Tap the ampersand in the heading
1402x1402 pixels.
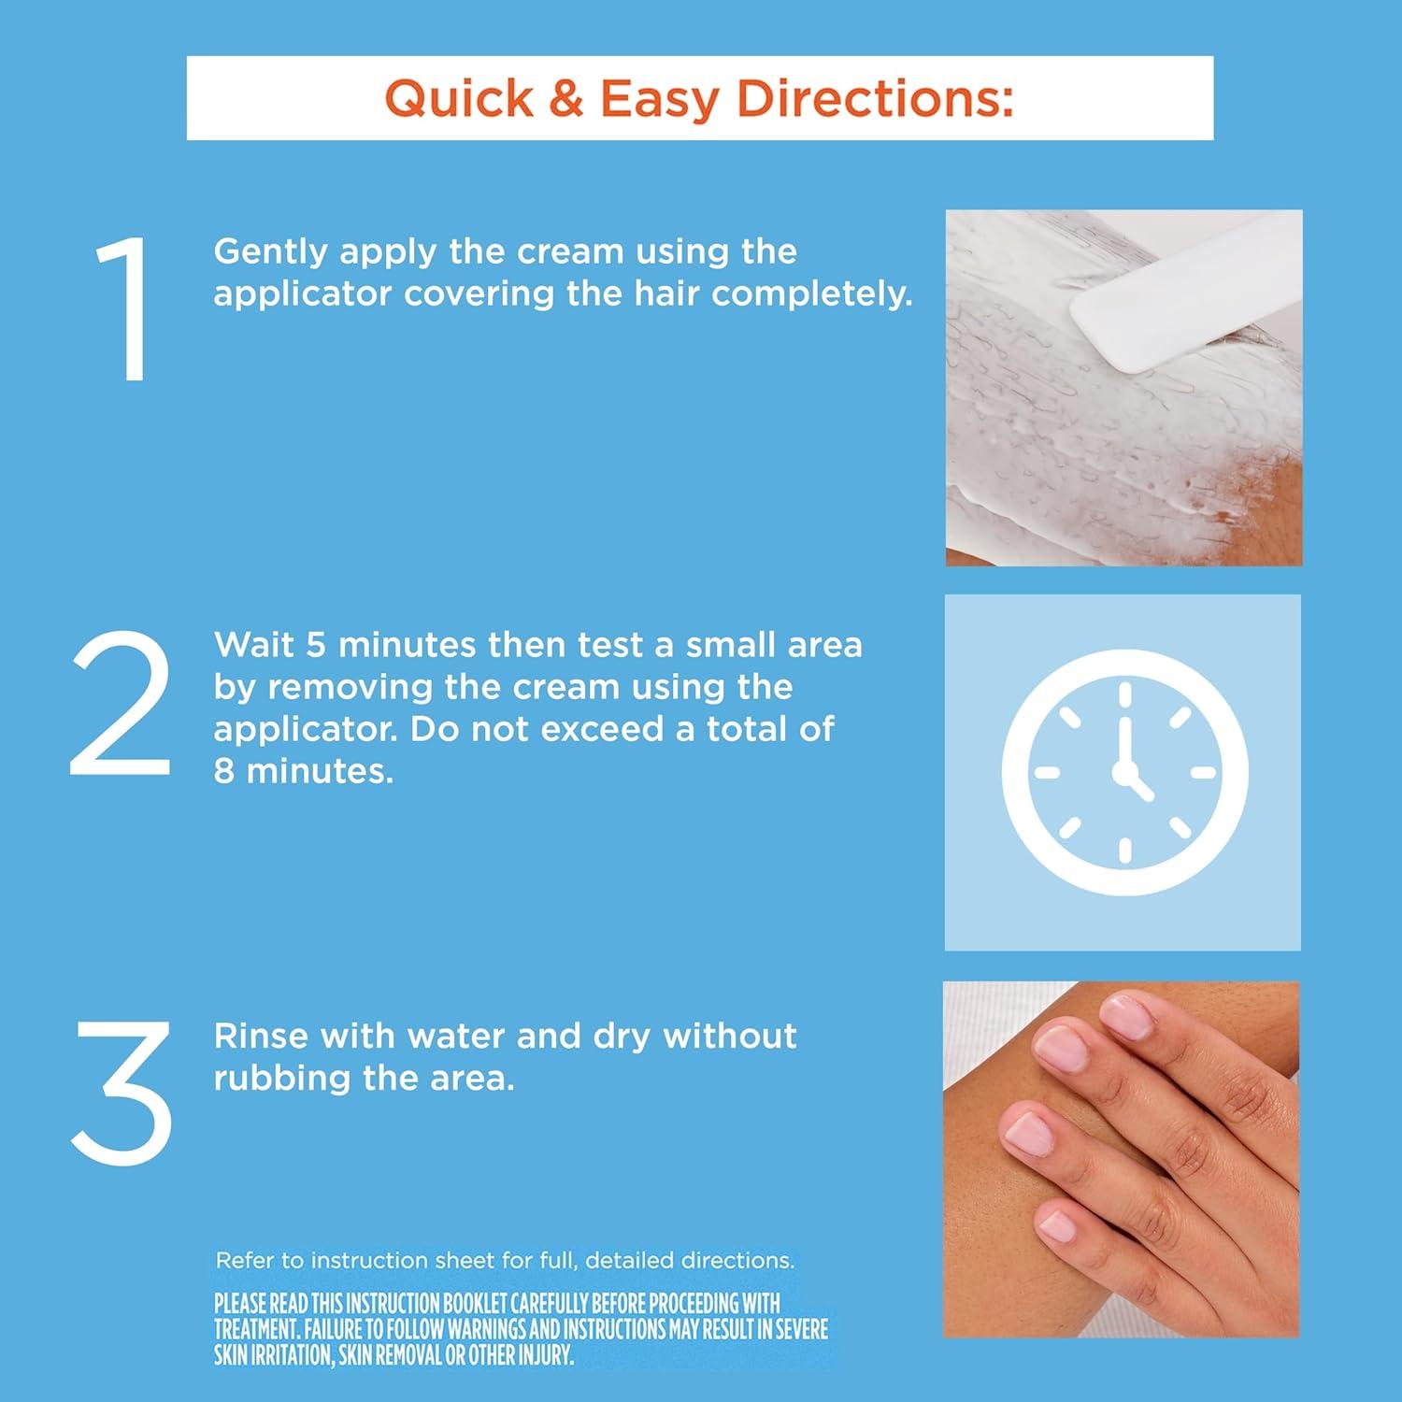pyautogui.click(x=566, y=98)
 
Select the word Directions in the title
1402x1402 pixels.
pyautogui.click(x=875, y=98)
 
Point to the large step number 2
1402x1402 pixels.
pyautogui.click(x=121, y=703)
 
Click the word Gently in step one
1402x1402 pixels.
pyautogui.click(x=271, y=252)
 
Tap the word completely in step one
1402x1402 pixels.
pyautogui.click(x=811, y=294)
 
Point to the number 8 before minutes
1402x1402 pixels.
pyautogui.click(x=224, y=771)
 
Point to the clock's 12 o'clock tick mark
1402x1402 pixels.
pyautogui.click(x=1124, y=695)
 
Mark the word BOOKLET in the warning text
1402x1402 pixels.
pyautogui.click(x=471, y=1303)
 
